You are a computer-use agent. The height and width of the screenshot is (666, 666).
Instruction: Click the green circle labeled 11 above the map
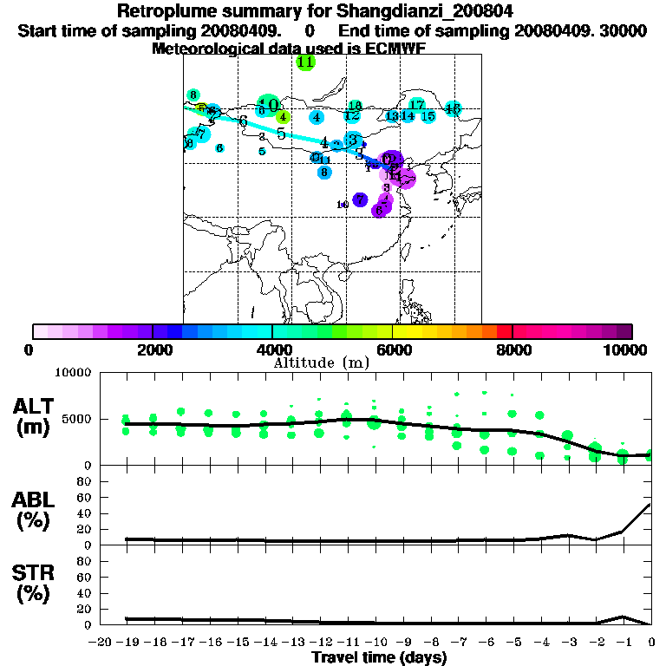(x=305, y=62)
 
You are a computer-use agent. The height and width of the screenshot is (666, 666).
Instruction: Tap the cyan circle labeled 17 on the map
(x=416, y=106)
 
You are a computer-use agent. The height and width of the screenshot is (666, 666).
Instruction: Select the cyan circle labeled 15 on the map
(x=428, y=116)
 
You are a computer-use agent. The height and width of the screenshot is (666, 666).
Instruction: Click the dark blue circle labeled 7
(x=360, y=200)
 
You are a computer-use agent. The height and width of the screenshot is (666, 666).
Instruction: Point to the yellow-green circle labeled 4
(x=283, y=117)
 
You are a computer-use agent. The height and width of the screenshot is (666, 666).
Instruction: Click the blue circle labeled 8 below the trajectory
(x=324, y=172)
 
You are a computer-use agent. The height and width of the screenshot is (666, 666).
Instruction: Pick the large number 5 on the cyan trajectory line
(x=281, y=134)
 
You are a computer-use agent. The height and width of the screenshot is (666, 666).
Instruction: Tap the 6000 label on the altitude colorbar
(x=392, y=349)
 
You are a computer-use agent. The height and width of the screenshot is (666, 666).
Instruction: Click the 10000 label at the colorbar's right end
(x=630, y=349)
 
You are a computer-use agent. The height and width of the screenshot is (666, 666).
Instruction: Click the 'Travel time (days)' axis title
(x=379, y=658)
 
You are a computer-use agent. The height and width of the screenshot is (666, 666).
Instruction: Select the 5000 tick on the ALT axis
(x=77, y=420)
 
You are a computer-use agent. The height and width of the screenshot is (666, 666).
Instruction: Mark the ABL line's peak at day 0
(x=650, y=504)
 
